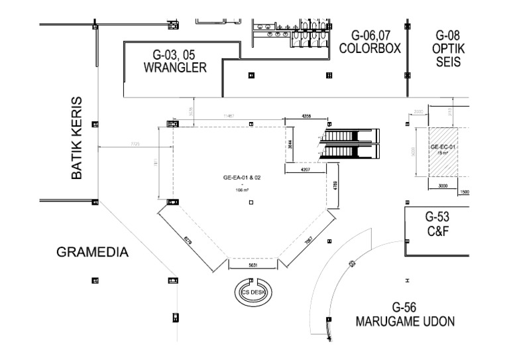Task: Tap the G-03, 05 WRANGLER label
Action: point(175,61)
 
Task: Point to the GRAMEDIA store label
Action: point(92,253)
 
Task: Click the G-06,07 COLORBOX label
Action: point(368,42)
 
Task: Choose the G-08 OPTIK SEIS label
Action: point(448,48)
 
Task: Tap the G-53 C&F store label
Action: point(437,224)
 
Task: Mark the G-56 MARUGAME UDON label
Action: point(405,315)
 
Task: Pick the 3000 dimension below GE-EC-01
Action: point(443,186)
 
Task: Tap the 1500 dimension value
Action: point(464,192)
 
